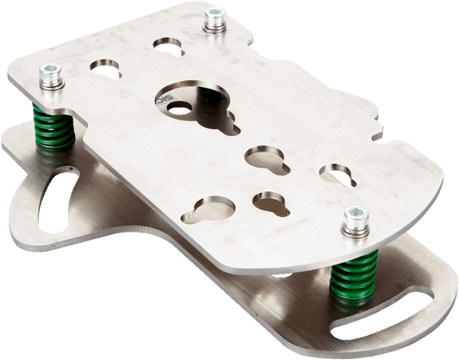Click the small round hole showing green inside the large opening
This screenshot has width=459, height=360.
[x=180, y=109]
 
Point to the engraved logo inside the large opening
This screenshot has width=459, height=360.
[x=165, y=102]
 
